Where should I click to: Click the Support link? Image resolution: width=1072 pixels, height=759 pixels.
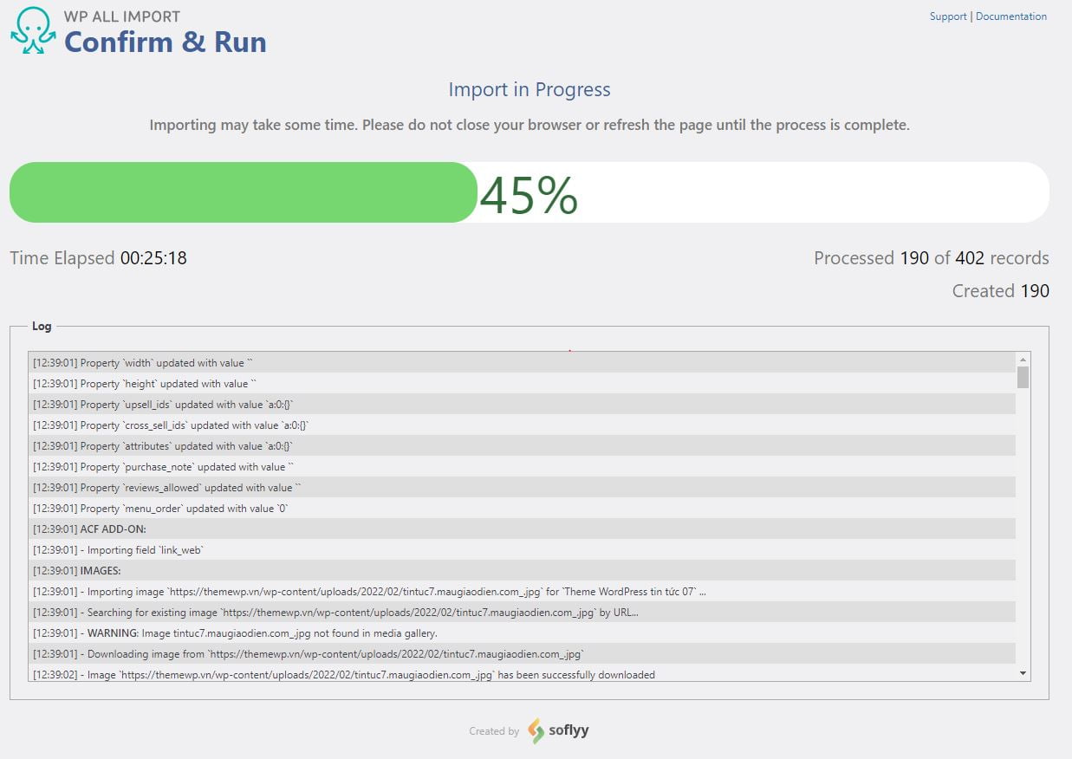(947, 16)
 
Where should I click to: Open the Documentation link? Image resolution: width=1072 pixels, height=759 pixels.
(1010, 16)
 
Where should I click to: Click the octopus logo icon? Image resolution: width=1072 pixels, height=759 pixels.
(33, 31)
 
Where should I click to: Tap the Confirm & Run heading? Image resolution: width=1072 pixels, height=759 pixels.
(166, 42)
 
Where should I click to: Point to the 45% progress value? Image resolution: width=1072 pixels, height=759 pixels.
(529, 195)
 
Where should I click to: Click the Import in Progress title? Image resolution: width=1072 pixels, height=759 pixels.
(529, 89)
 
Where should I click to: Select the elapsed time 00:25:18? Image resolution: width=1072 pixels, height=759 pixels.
(153, 258)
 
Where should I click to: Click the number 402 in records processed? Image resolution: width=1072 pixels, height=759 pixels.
(970, 258)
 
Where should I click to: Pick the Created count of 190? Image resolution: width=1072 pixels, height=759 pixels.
(1034, 291)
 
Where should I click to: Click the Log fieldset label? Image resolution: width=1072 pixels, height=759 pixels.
(42, 327)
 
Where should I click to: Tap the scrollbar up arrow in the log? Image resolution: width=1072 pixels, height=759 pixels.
(1023, 359)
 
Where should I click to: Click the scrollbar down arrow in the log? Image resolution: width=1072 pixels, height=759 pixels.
(1023, 673)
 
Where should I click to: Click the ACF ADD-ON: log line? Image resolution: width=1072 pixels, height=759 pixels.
(119, 529)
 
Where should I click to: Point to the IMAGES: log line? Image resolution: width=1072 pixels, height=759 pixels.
(100, 571)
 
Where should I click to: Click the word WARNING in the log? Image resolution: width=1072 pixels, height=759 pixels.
(113, 633)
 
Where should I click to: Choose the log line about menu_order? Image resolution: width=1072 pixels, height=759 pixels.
(160, 509)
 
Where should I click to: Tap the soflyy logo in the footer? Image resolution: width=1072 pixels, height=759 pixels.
(560, 730)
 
